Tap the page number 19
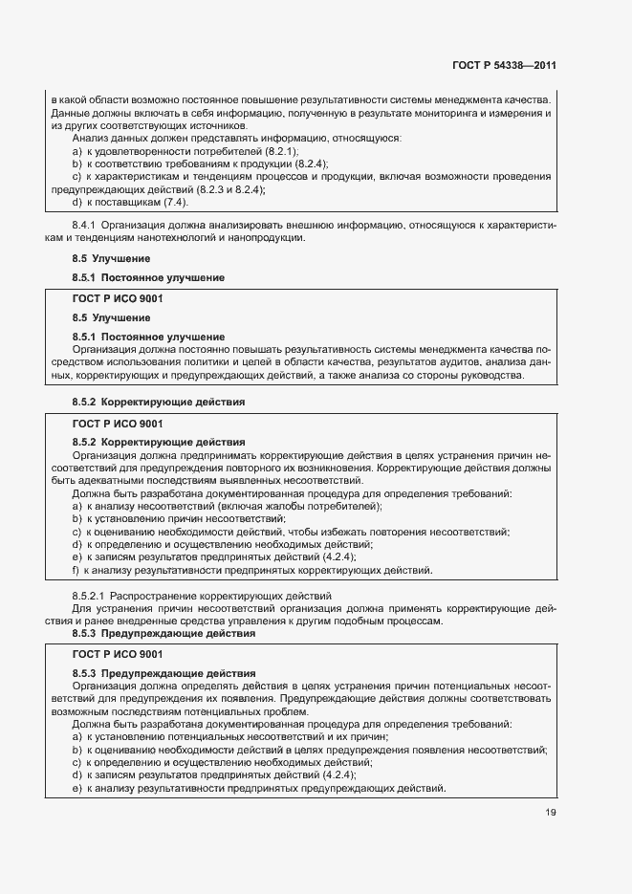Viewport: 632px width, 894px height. click(549, 813)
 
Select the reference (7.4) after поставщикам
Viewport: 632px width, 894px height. click(171, 202)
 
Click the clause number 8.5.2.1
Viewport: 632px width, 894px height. click(93, 596)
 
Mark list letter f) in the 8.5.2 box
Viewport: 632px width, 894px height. click(76, 571)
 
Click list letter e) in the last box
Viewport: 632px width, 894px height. click(77, 788)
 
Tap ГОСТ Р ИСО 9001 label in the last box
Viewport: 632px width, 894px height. click(118, 654)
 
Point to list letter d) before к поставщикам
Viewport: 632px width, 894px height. click(77, 202)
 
